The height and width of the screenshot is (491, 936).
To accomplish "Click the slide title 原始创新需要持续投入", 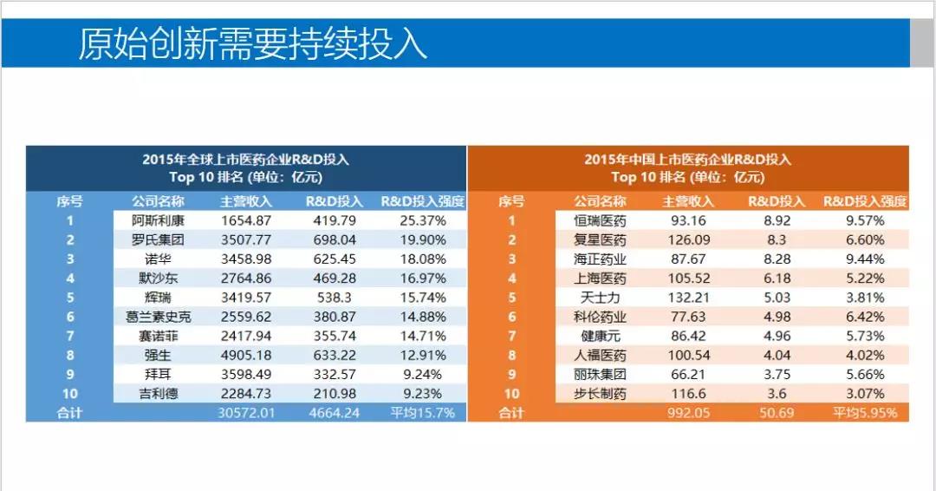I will point(253,43).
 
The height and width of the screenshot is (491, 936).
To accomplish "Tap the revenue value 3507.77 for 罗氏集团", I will point(246,239).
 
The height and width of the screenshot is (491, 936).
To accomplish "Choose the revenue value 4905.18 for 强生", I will point(246,355).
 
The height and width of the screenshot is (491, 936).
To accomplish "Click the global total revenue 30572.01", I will point(246,413).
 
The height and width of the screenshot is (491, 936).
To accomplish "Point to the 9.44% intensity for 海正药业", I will point(865,259).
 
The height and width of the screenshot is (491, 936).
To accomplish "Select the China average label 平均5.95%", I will point(865,413).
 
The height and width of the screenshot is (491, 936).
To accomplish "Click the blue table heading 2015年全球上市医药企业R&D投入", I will point(246,160).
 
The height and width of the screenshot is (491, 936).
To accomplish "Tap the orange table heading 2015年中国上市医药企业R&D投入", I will point(687,160).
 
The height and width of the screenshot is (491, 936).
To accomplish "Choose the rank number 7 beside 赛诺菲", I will point(69,336).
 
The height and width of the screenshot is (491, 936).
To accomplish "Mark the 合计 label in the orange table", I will point(511,413).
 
